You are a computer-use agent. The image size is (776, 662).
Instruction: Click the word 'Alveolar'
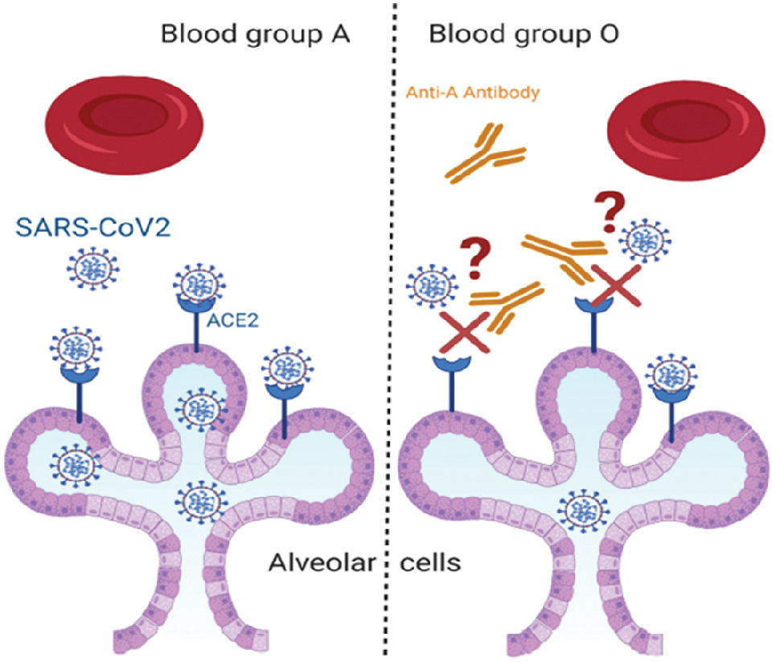tap(322, 561)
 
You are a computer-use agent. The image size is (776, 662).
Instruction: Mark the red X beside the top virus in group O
tap(616, 284)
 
